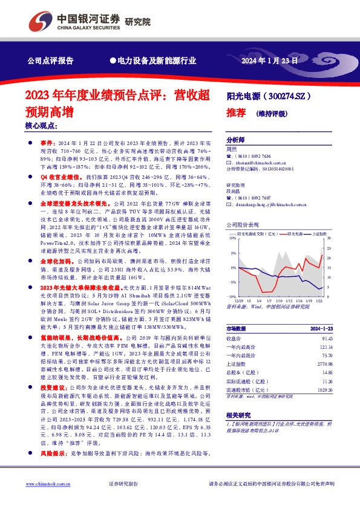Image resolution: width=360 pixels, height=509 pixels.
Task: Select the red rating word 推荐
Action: [235, 112]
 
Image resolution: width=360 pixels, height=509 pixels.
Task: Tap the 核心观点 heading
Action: [41, 126]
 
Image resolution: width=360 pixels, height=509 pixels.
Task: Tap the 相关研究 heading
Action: [237, 417]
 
